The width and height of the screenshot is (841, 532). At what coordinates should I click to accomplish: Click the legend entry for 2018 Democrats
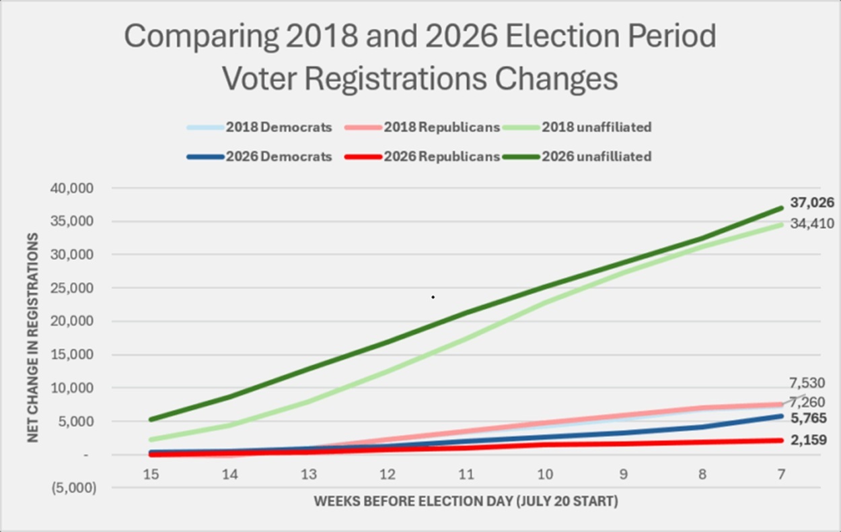260,127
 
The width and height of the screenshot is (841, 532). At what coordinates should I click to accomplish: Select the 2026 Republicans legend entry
422,157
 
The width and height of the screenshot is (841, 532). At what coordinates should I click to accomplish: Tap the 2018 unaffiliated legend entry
577,127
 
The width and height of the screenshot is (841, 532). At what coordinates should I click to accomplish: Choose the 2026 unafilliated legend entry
577,157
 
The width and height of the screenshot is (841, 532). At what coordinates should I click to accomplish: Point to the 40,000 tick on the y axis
72,189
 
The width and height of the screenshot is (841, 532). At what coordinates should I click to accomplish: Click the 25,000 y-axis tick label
72,288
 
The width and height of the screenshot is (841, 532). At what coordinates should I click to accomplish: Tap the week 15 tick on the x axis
151,475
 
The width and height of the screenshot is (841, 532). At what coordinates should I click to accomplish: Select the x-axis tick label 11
466,475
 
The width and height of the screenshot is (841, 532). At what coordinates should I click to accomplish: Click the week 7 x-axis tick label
781,475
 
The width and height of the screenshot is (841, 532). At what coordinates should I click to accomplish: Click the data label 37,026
812,203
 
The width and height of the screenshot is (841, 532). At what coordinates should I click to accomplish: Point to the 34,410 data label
812,224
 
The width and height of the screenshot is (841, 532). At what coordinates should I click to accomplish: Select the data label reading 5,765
809,418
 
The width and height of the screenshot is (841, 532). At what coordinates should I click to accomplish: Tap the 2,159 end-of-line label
809,440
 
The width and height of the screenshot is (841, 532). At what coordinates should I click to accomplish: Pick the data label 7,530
807,383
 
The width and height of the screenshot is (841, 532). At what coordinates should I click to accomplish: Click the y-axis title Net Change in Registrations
33,337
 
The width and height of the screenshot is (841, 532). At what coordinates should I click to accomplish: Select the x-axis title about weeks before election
466,501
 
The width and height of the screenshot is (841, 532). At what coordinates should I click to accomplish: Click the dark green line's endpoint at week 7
781,208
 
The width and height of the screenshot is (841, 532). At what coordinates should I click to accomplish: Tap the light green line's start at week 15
151,440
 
